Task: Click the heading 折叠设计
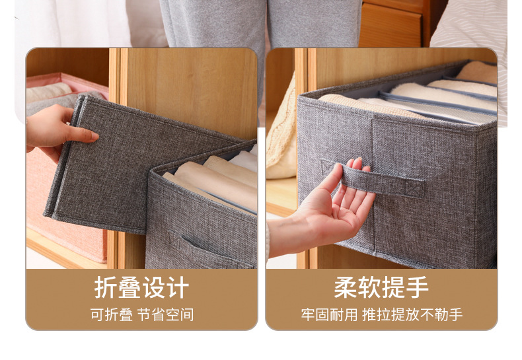click(141, 289)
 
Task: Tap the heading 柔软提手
click(381, 289)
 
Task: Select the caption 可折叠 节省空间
click(141, 314)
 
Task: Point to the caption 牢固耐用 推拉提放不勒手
click(381, 314)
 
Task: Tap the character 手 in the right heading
click(417, 289)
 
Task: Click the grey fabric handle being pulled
click(390, 182)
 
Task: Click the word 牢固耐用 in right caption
click(328, 314)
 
